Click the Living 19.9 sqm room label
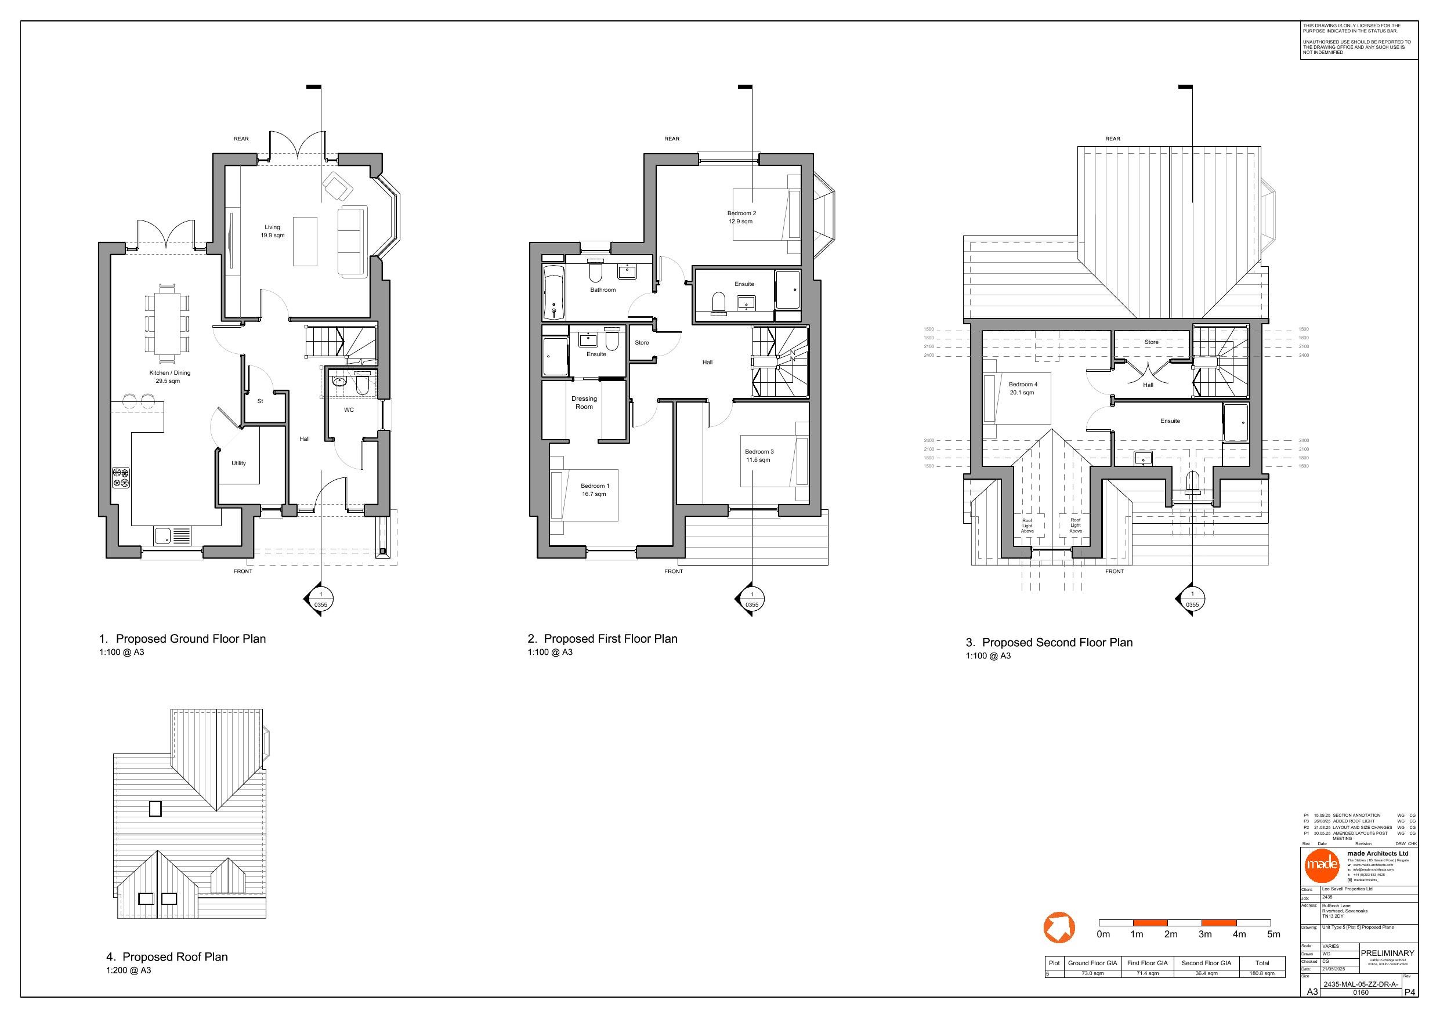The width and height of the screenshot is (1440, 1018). coord(272,231)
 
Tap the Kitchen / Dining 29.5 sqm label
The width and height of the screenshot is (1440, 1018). coord(169,376)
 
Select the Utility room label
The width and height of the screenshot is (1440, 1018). coord(238,463)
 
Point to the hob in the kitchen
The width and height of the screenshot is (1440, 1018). coord(121,477)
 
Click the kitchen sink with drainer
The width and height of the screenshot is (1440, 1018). coord(172,537)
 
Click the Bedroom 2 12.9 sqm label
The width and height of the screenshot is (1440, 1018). coord(741,217)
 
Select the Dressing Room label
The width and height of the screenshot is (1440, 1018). coord(584,403)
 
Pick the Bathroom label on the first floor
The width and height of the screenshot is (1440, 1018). coord(603,290)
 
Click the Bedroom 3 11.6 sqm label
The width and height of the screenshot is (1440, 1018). coord(759,455)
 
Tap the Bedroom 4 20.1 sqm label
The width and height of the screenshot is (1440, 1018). coord(1022,388)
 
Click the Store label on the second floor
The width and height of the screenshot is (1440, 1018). coord(1152,342)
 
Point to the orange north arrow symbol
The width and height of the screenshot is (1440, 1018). coord(1059,927)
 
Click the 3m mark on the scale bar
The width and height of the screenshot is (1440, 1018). coord(1205,934)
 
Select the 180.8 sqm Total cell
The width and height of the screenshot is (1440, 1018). coord(1262,973)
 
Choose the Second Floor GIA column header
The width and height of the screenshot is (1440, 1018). coord(1206,963)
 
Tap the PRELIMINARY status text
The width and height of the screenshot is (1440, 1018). coord(1387,953)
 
